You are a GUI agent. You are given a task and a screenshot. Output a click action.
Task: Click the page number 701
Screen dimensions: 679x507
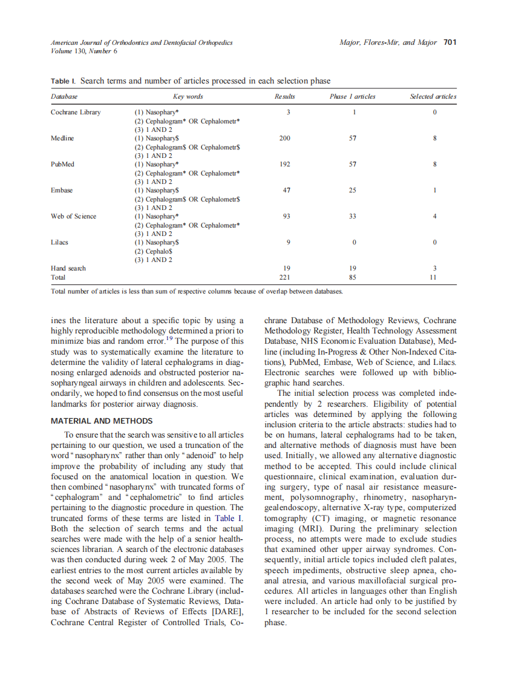[x=450, y=42]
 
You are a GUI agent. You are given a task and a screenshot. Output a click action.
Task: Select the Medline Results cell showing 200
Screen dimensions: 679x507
[x=284, y=138]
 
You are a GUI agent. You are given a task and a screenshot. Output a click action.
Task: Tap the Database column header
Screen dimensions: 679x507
[x=64, y=96]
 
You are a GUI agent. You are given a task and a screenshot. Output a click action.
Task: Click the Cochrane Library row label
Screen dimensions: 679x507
[x=76, y=112]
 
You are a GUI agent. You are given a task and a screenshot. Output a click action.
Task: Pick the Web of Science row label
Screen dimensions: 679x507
[x=73, y=216]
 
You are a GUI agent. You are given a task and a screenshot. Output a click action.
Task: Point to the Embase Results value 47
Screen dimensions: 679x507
[x=287, y=190]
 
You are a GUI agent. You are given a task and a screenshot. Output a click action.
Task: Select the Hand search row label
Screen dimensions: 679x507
[x=68, y=268]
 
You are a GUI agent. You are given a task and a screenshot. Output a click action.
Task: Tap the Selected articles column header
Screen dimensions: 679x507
[x=433, y=96]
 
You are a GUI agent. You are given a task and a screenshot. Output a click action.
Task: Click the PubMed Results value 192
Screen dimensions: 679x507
[x=285, y=164]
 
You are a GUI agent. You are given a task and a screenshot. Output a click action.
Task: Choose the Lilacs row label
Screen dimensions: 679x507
[x=59, y=242]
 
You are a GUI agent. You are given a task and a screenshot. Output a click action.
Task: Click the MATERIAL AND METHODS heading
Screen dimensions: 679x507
[x=102, y=421]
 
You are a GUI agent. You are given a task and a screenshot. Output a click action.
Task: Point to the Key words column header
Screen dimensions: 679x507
[x=188, y=96]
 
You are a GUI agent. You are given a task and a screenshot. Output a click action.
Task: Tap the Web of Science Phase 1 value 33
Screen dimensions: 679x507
[x=353, y=216]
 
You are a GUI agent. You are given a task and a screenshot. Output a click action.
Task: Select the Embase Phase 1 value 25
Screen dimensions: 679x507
[x=353, y=190]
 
